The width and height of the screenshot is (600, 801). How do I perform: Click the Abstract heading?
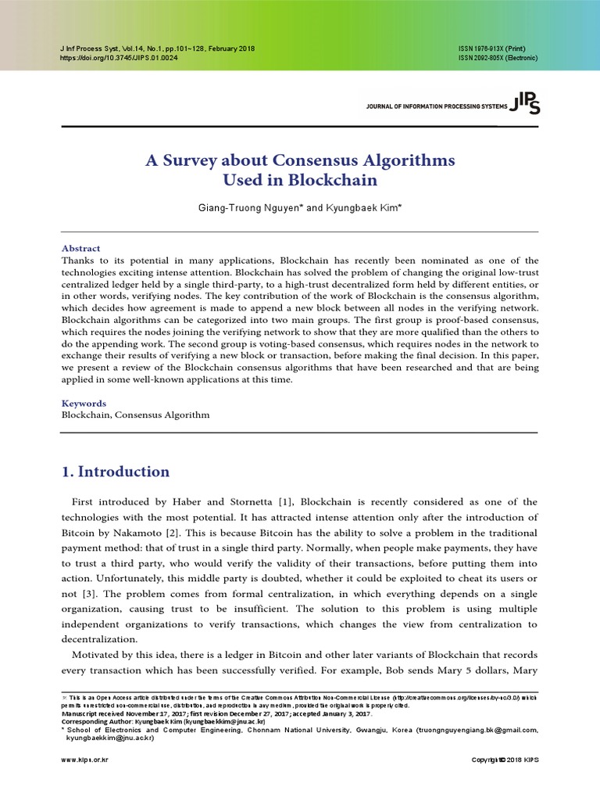pos(80,248)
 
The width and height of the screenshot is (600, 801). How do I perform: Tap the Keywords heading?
pos(84,404)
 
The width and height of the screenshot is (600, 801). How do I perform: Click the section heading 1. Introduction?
pos(115,472)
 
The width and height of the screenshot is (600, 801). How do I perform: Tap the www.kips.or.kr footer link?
pos(84,760)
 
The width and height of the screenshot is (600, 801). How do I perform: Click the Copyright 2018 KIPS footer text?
pos(504,760)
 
